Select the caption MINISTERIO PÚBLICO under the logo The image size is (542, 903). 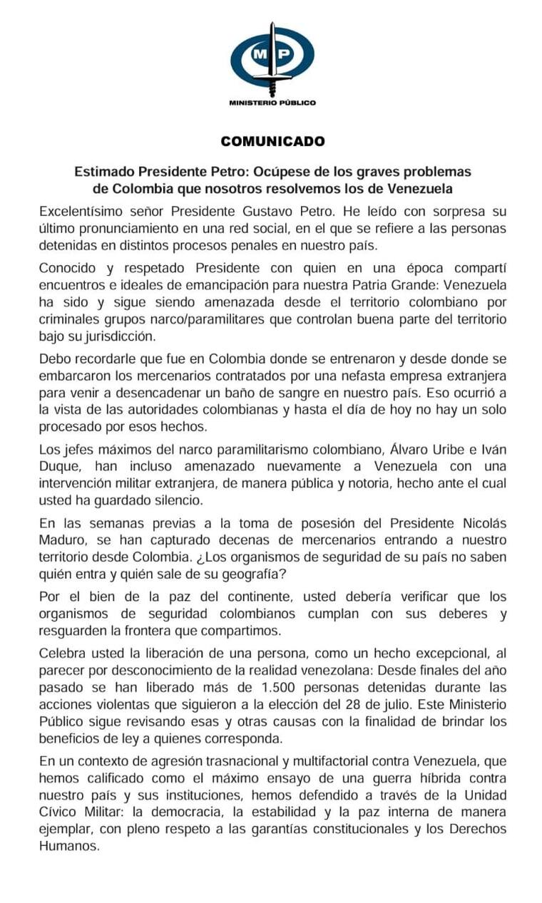click(272, 103)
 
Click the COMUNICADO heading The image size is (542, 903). click(272, 141)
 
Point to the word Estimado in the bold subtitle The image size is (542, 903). click(105, 172)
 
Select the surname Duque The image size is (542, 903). click(59, 468)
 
